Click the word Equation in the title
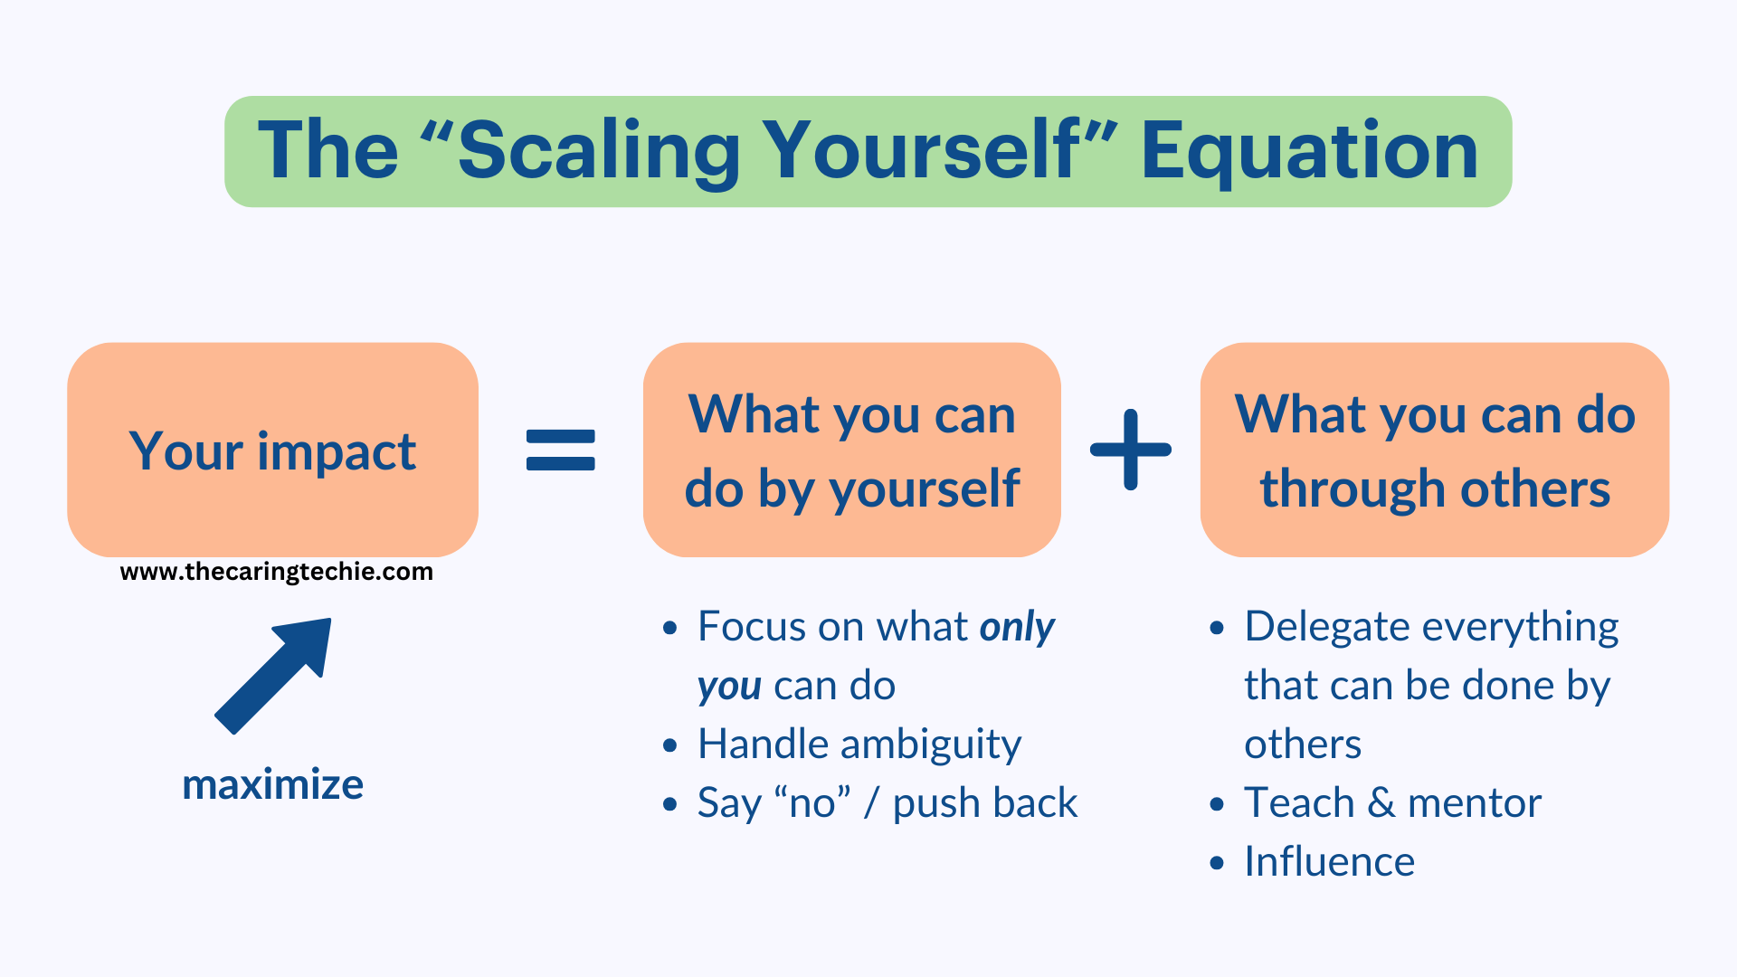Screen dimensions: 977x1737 click(1309, 151)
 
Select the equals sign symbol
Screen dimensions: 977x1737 click(560, 450)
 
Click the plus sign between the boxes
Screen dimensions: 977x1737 click(1130, 450)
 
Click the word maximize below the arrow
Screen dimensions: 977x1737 click(272, 784)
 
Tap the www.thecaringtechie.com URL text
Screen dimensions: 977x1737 click(276, 572)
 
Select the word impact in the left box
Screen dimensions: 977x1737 click(337, 451)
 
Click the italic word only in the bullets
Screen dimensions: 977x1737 click(1017, 627)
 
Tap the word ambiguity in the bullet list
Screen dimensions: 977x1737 click(931, 745)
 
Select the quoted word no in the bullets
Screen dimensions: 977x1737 click(812, 803)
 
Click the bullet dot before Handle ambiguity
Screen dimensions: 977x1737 click(669, 745)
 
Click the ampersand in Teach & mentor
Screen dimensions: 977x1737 click(1381, 803)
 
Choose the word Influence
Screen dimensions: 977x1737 click(1329, 861)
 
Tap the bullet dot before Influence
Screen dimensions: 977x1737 click(1217, 863)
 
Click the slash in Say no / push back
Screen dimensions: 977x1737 click(871, 803)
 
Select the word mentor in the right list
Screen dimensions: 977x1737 click(1474, 803)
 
